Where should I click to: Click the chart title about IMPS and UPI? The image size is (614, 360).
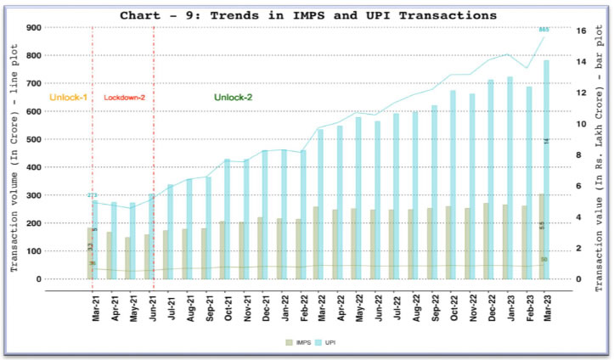point(308,15)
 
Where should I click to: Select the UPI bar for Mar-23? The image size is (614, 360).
point(547,170)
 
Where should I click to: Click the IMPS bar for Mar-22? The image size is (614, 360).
point(316,243)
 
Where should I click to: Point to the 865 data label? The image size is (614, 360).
point(544,29)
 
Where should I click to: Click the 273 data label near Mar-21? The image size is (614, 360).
point(92,195)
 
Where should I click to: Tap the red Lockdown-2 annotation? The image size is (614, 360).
point(125,98)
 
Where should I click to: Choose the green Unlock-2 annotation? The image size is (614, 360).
point(233,98)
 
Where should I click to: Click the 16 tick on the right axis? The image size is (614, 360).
point(581,31)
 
